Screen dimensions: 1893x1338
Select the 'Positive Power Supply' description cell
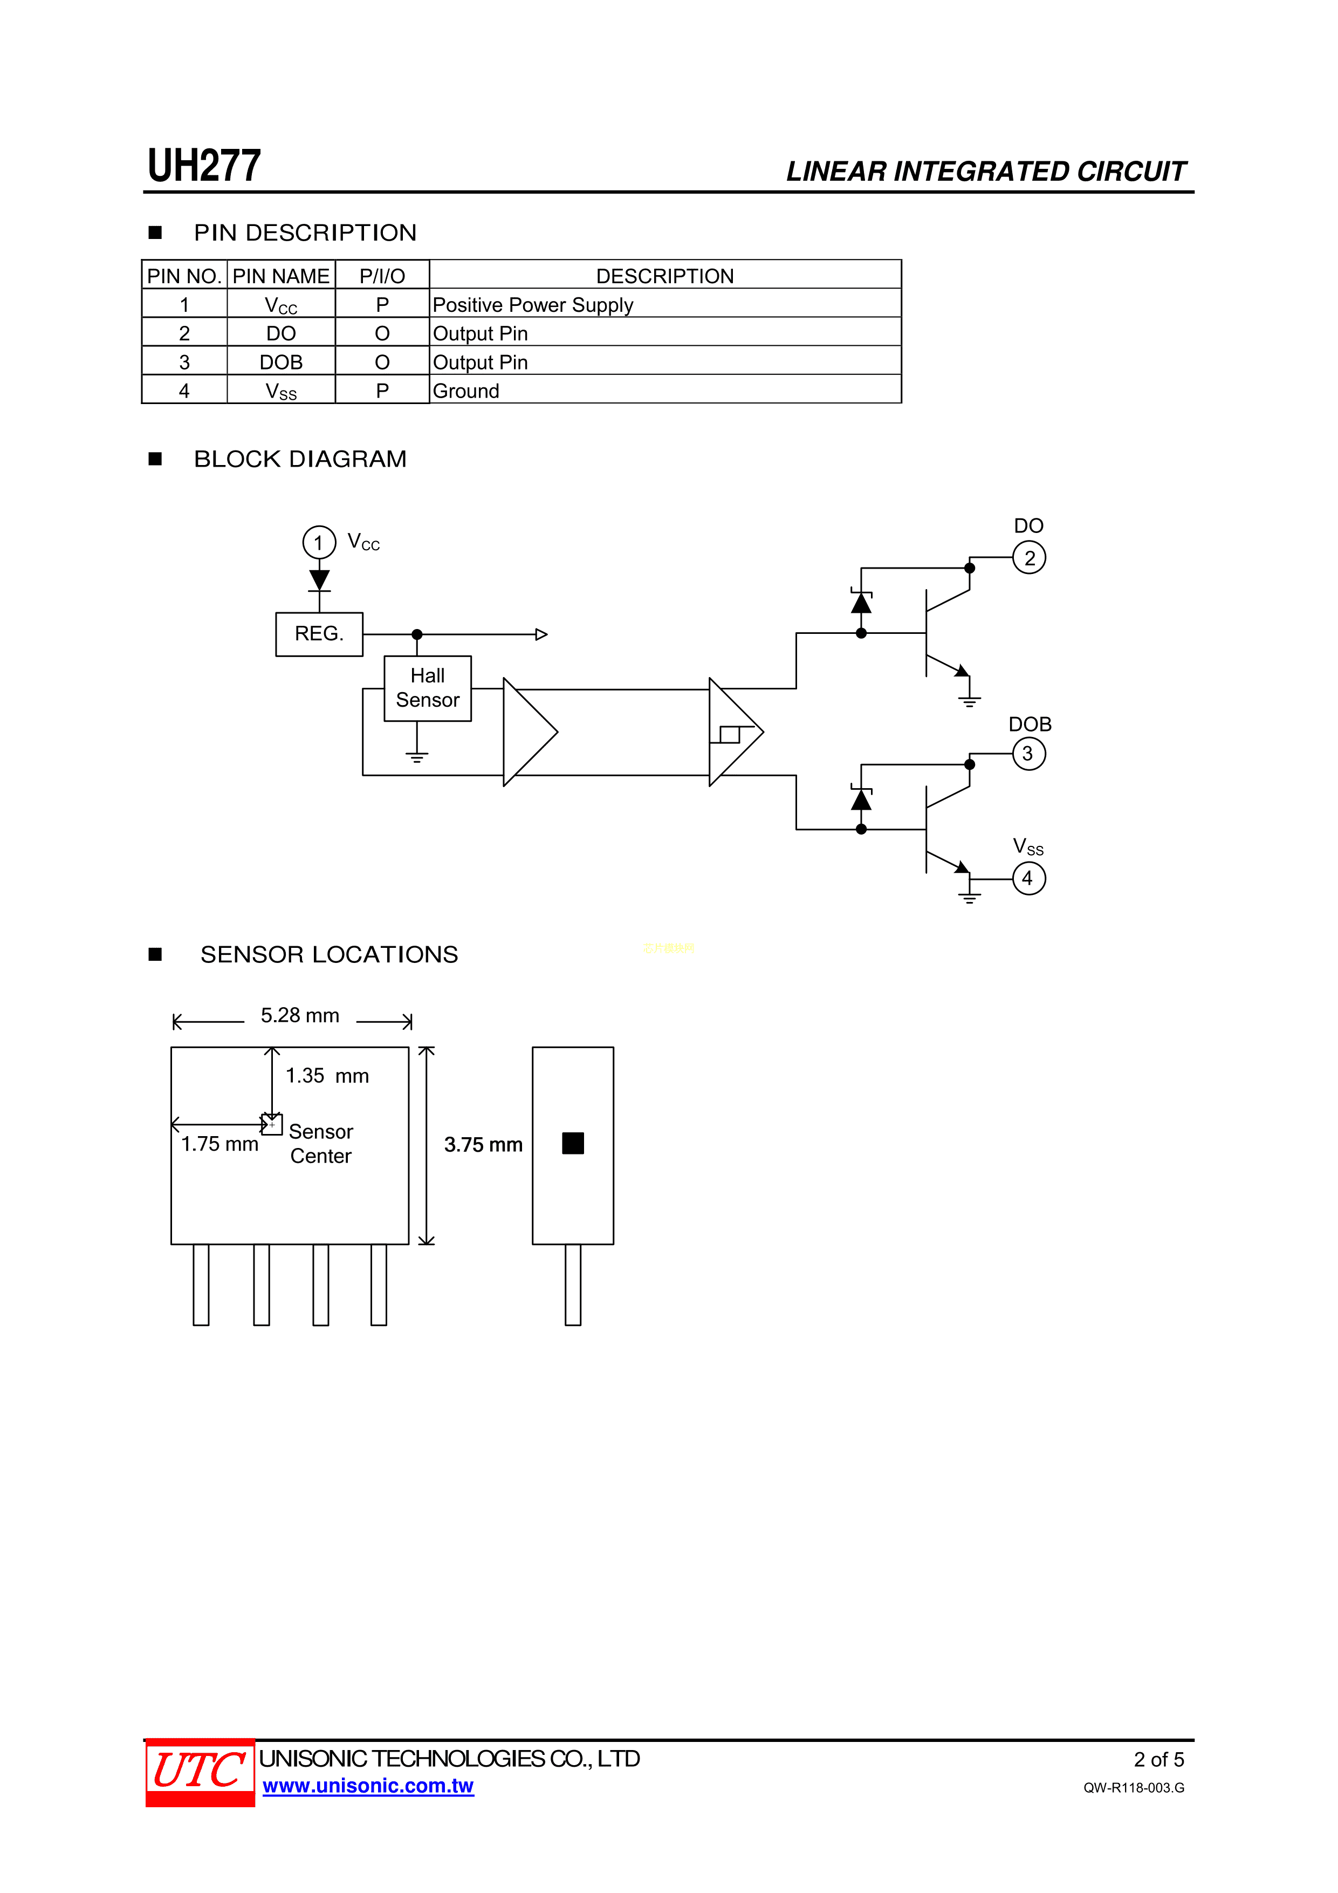click(x=533, y=304)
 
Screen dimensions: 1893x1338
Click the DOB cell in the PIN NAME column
click(x=280, y=362)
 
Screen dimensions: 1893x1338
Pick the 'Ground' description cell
click(x=466, y=391)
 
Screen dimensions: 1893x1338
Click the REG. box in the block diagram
click(x=319, y=634)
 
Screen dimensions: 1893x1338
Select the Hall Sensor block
click(x=427, y=688)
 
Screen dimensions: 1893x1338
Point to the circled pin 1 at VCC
click(x=319, y=543)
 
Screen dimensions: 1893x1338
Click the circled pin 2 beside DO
click(x=1029, y=558)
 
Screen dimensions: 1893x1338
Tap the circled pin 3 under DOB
click(x=1028, y=754)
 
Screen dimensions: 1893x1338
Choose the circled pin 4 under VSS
click(x=1028, y=878)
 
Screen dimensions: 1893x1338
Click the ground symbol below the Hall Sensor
click(x=417, y=756)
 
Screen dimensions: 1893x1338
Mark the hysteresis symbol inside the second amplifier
click(x=730, y=734)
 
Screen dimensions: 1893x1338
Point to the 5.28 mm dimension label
click(x=300, y=1016)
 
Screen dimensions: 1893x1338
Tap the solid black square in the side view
click(x=573, y=1143)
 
